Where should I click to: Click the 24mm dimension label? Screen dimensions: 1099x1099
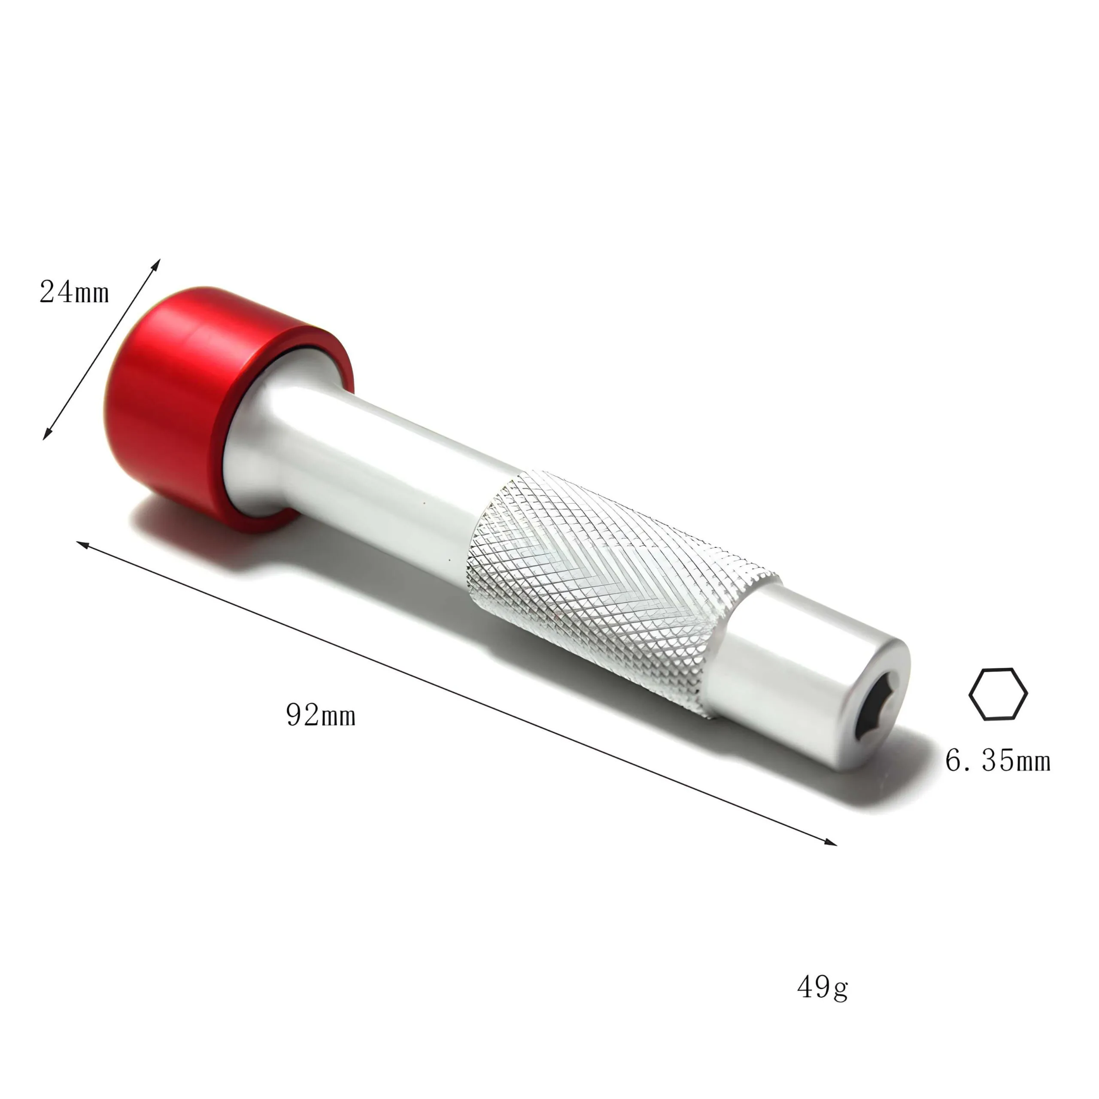click(x=75, y=292)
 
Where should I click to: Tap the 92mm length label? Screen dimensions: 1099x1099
click(x=321, y=715)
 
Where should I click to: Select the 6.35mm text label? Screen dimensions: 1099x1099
click(x=998, y=761)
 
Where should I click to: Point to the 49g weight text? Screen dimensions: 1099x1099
click(x=823, y=1003)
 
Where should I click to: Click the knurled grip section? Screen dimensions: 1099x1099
click(x=620, y=592)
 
